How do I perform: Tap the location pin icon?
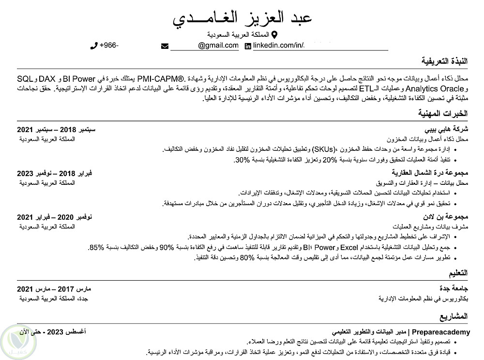click(274, 35)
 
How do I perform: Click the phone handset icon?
click(94, 46)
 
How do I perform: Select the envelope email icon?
click(165, 46)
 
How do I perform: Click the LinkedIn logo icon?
click(248, 46)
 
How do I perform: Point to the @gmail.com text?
click(218, 46)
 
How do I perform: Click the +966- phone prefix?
click(109, 46)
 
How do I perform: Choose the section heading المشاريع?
click(454, 317)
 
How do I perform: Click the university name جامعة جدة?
click(454, 289)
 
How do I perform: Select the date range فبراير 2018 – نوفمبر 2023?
click(54, 173)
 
